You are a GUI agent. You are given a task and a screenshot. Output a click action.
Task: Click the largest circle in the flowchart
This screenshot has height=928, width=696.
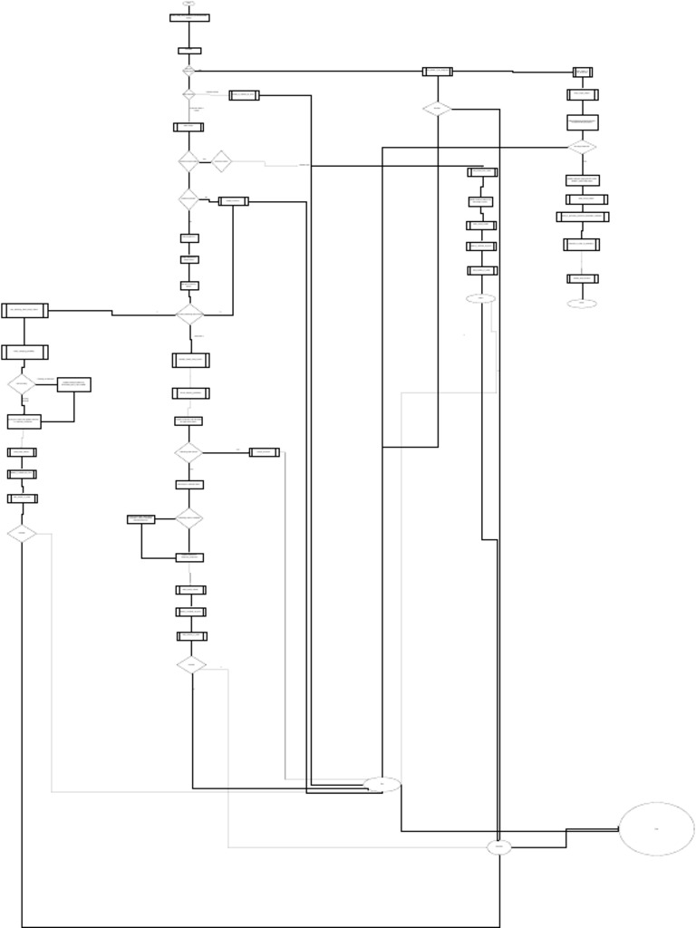pos(656,828)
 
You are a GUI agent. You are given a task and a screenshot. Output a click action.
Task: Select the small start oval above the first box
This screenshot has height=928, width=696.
pos(188,4)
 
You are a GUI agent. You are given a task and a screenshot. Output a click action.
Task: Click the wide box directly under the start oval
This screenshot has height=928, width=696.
pos(189,18)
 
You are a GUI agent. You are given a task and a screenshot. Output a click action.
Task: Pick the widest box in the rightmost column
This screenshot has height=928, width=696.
pos(582,217)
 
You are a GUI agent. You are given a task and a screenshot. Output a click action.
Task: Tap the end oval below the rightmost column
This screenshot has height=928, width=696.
pos(582,304)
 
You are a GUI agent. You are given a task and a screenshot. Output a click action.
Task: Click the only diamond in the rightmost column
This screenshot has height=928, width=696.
pos(582,147)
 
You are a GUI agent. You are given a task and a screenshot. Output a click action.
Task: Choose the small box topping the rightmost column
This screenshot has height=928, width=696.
pos(583,72)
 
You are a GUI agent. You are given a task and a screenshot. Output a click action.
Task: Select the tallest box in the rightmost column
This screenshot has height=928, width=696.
pos(582,121)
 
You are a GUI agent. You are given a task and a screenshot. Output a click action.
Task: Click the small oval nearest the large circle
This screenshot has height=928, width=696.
pos(498,847)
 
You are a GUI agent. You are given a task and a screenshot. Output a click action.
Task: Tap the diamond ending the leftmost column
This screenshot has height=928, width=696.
pos(21,534)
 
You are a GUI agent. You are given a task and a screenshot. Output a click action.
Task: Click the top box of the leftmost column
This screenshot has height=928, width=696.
pos(24,311)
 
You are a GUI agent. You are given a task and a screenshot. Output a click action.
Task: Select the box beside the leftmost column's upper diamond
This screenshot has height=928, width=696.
pos(73,384)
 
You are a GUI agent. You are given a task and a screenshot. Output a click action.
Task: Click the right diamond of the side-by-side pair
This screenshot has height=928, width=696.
pos(221,161)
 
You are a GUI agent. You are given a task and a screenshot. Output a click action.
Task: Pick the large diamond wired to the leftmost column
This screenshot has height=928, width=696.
pos(189,314)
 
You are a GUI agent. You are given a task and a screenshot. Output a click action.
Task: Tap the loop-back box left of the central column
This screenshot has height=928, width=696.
pos(140,519)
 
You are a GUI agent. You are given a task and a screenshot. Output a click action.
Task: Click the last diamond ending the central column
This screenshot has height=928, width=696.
pos(190,665)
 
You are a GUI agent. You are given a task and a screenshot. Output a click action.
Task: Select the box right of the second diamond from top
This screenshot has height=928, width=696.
pos(244,95)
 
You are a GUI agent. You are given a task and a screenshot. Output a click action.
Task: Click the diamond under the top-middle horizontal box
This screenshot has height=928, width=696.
pos(437,109)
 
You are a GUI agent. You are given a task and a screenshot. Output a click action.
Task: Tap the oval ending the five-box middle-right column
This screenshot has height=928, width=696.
pos(481,298)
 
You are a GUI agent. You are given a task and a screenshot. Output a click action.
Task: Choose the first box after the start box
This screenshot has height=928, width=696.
pos(189,51)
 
